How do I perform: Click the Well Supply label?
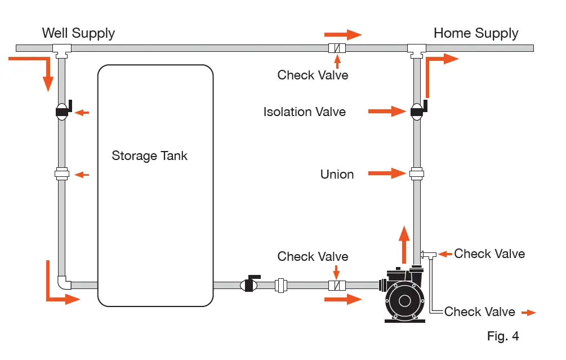78,33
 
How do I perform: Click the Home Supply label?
475,33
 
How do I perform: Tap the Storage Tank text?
149,155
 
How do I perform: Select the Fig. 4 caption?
502,336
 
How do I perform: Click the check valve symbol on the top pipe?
337,48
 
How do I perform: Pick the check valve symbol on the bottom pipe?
337,285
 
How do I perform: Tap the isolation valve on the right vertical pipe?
417,112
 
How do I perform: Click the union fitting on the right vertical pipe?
417,174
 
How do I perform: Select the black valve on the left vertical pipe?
62,112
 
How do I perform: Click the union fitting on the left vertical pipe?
62,174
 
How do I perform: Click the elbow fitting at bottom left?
64,282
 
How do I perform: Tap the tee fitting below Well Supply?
61,50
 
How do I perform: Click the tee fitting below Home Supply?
417,50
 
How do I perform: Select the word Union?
337,174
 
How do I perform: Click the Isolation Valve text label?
304,112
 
